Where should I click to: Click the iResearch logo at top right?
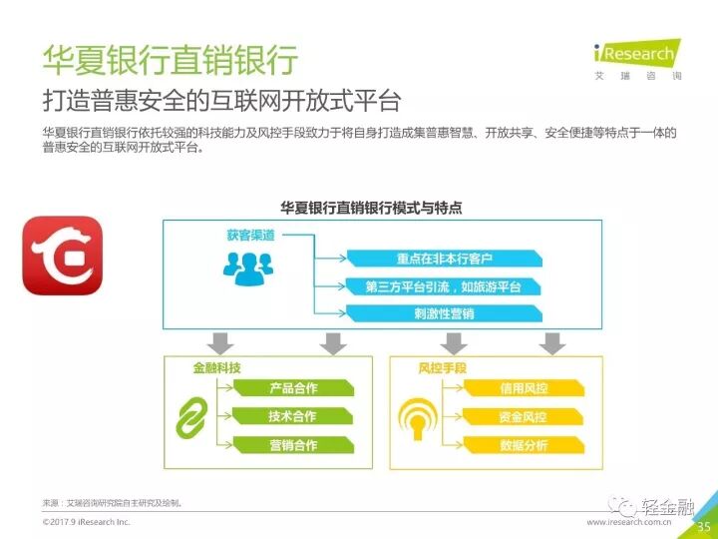[637, 59]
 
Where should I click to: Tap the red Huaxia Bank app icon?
[62, 256]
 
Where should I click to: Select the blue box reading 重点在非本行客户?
[444, 259]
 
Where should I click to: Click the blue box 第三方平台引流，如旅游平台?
[443, 286]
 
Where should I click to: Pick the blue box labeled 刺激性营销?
[444, 314]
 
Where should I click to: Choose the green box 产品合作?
[293, 388]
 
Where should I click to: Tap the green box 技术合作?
[292, 416]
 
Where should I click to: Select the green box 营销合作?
[293, 444]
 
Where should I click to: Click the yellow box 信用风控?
[524, 388]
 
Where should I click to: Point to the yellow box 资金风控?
[523, 416]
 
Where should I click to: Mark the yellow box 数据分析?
[524, 444]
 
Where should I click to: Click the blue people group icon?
[248, 269]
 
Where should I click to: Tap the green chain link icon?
[191, 417]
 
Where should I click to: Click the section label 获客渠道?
[251, 236]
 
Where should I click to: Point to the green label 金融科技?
[216, 367]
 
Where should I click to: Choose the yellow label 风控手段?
[442, 367]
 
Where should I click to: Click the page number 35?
[704, 527]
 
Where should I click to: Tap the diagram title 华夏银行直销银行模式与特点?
[371, 208]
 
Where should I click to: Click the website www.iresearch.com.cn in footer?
[628, 522]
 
